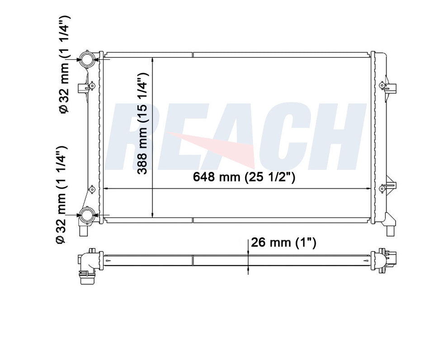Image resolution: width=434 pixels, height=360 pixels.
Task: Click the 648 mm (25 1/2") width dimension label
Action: tap(244, 177)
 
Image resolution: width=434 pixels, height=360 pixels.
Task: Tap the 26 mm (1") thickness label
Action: tap(283, 243)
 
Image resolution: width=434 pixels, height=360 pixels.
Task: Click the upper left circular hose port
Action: tap(87, 59)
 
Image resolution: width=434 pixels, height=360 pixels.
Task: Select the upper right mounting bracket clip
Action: tap(387, 86)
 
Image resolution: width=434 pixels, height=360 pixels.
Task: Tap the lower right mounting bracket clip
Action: tap(387, 186)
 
